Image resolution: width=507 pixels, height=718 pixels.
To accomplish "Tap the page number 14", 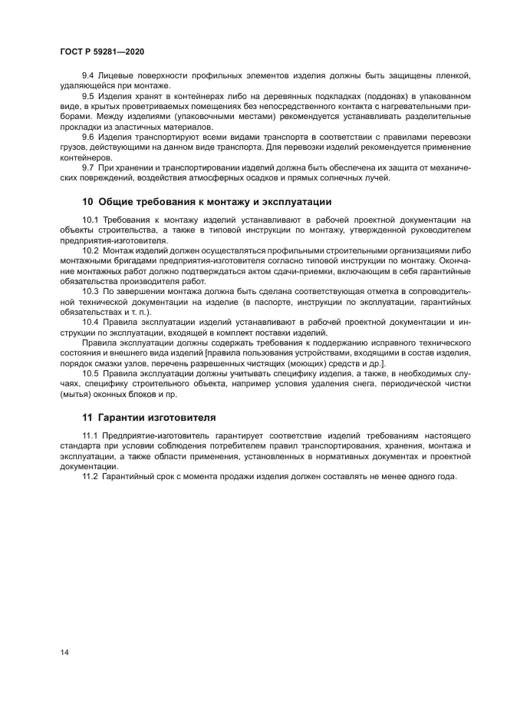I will pos(64,652).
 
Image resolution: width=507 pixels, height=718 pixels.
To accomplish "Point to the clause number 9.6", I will pos(88,136).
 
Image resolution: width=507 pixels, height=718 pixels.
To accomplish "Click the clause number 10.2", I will pos(90,250).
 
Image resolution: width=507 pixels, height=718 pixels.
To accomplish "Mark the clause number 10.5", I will pos(90,373).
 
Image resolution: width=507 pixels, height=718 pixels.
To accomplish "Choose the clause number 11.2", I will pos(90,476).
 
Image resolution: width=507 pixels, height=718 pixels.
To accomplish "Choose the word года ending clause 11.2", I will pos(444,476).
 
